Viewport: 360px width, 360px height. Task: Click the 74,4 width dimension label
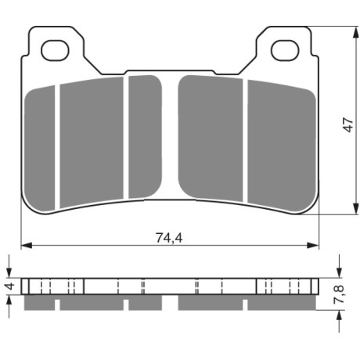point(169,238)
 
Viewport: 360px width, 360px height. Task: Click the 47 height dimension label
point(348,124)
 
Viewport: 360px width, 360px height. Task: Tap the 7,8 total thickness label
point(339,294)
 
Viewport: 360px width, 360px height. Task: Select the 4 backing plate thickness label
point(10,286)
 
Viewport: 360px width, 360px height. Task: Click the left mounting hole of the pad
point(55,51)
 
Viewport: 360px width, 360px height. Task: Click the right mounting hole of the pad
point(285,51)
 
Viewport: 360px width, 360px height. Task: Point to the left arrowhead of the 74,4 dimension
point(27,245)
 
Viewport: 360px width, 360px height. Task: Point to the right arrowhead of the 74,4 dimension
point(313,245)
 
